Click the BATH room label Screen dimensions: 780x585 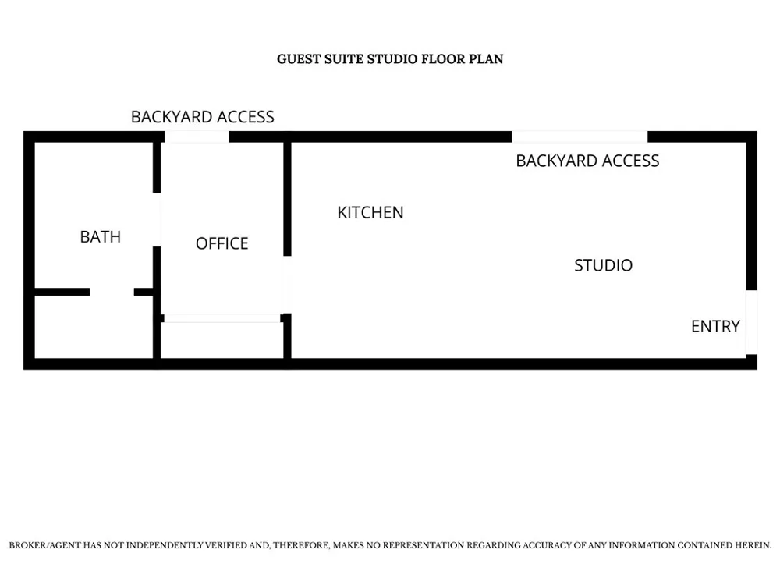point(101,237)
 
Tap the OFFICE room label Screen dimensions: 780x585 point(222,243)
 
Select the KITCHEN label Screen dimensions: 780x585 point(370,212)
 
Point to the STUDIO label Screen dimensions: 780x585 point(604,265)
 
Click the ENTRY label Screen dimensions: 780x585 point(716,326)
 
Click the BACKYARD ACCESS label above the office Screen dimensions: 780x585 point(203,117)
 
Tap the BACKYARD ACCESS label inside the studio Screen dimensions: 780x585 point(587,161)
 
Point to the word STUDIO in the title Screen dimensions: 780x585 point(392,59)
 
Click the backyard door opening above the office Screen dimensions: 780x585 point(197,136)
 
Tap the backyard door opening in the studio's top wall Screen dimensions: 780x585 point(580,136)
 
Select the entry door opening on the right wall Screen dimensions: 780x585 point(751,322)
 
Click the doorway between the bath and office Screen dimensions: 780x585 point(157,219)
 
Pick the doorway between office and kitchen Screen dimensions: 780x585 point(287,285)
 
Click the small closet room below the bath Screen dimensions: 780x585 point(94,327)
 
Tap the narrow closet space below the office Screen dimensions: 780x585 point(222,340)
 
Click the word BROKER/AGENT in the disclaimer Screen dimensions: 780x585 point(44,545)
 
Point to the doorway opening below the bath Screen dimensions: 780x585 point(112,292)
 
